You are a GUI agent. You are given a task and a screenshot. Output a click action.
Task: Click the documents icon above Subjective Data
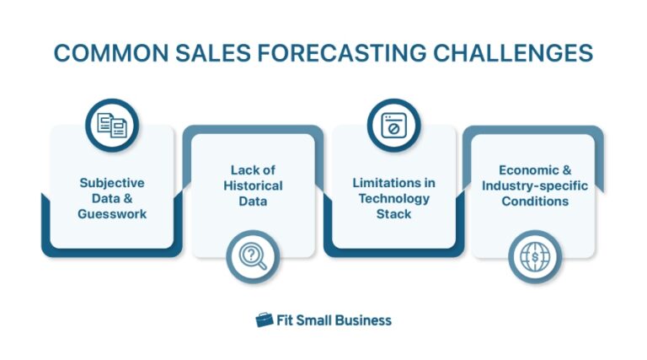point(112,126)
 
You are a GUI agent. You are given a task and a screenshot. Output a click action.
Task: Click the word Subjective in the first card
point(112,182)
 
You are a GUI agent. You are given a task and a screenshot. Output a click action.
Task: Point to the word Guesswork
point(112,213)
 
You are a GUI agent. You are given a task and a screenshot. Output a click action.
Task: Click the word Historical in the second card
point(253,185)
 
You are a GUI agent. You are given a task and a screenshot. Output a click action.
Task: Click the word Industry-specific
point(533,185)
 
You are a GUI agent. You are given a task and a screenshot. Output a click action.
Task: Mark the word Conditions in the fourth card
point(533,201)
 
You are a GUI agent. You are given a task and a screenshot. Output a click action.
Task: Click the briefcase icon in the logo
point(265,320)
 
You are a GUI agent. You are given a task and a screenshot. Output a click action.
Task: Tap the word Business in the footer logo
point(362,320)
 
